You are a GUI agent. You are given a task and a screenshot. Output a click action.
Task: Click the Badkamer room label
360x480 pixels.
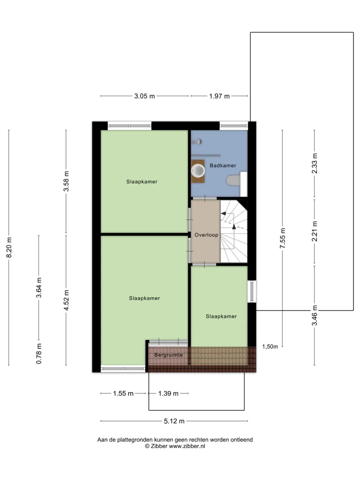(223, 165)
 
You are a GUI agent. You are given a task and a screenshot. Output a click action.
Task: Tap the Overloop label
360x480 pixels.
(206, 235)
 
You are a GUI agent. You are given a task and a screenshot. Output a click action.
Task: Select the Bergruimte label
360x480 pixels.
(168, 355)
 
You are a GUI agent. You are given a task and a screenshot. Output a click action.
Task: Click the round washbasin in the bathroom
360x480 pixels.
(198, 171)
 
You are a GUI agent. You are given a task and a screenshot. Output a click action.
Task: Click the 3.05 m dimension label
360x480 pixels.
(144, 96)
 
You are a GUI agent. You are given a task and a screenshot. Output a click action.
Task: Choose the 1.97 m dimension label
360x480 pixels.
(219, 96)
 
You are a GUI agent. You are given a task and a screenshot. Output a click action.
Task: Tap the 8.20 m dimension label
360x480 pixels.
(9, 247)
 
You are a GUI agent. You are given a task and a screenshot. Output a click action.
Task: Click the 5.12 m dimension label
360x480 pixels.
(174, 421)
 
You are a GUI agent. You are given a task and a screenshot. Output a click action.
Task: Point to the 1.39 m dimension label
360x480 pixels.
(168, 393)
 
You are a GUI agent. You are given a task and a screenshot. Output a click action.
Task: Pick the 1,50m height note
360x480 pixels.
(270, 346)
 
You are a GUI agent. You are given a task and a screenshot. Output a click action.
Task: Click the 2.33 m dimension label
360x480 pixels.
(315, 164)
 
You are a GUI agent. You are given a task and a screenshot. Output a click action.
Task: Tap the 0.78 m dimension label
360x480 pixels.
(39, 353)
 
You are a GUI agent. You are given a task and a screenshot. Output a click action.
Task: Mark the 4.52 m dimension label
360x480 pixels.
(66, 300)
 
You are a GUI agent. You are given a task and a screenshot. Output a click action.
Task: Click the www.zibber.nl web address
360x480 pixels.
(187, 446)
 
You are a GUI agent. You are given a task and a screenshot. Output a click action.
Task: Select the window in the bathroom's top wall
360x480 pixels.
(233, 126)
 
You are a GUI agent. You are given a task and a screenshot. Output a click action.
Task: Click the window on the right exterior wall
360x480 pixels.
(252, 292)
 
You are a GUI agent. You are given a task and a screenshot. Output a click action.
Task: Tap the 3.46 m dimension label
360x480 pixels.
(315, 315)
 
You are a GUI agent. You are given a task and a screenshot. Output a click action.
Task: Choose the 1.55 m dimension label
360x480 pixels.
(123, 393)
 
